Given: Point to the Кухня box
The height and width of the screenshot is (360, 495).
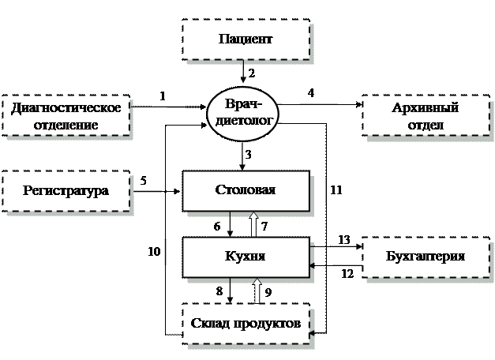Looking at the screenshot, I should pyautogui.click(x=246, y=257).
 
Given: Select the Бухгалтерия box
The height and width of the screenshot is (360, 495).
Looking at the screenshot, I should pyautogui.click(x=425, y=257).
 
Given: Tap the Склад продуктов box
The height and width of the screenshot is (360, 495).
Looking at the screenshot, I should pyautogui.click(x=246, y=323).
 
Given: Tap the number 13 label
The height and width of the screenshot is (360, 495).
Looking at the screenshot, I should pyautogui.click(x=345, y=239).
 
